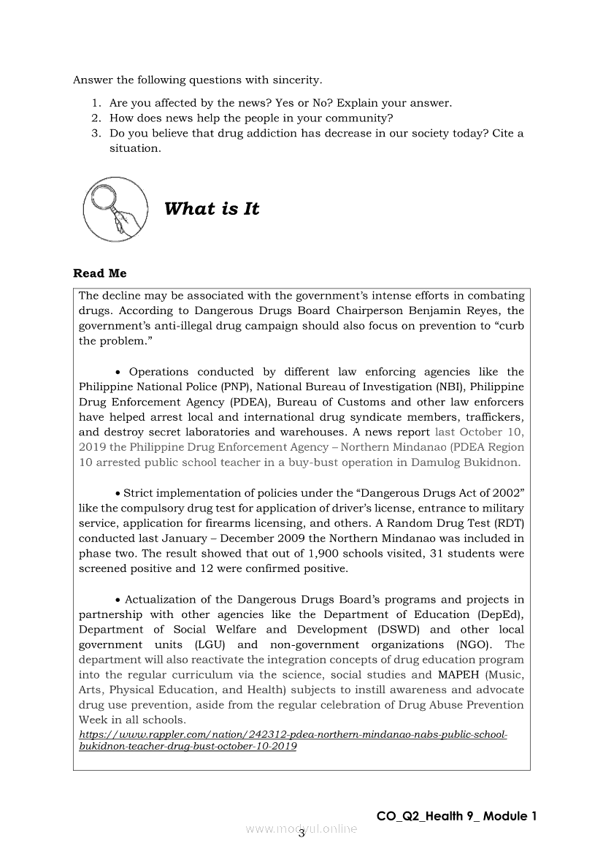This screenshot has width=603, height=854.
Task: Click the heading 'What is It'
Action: (212, 209)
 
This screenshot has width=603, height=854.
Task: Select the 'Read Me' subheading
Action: (99, 273)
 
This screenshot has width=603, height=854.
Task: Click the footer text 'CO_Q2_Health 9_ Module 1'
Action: (456, 816)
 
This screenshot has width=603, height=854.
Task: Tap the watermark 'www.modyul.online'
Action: (301, 829)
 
